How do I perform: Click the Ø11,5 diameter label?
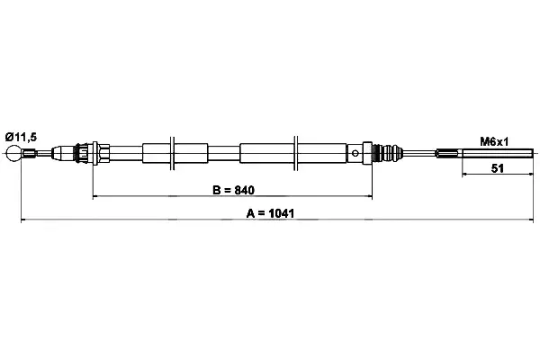(21, 137)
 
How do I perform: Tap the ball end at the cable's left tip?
(13, 153)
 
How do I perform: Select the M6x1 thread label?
(494, 141)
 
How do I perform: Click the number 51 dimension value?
(497, 168)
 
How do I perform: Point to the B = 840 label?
(233, 190)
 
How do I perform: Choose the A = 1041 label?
(270, 213)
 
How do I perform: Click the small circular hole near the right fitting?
(355, 153)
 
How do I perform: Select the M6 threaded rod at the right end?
(498, 153)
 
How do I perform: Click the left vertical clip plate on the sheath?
(172, 153)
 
